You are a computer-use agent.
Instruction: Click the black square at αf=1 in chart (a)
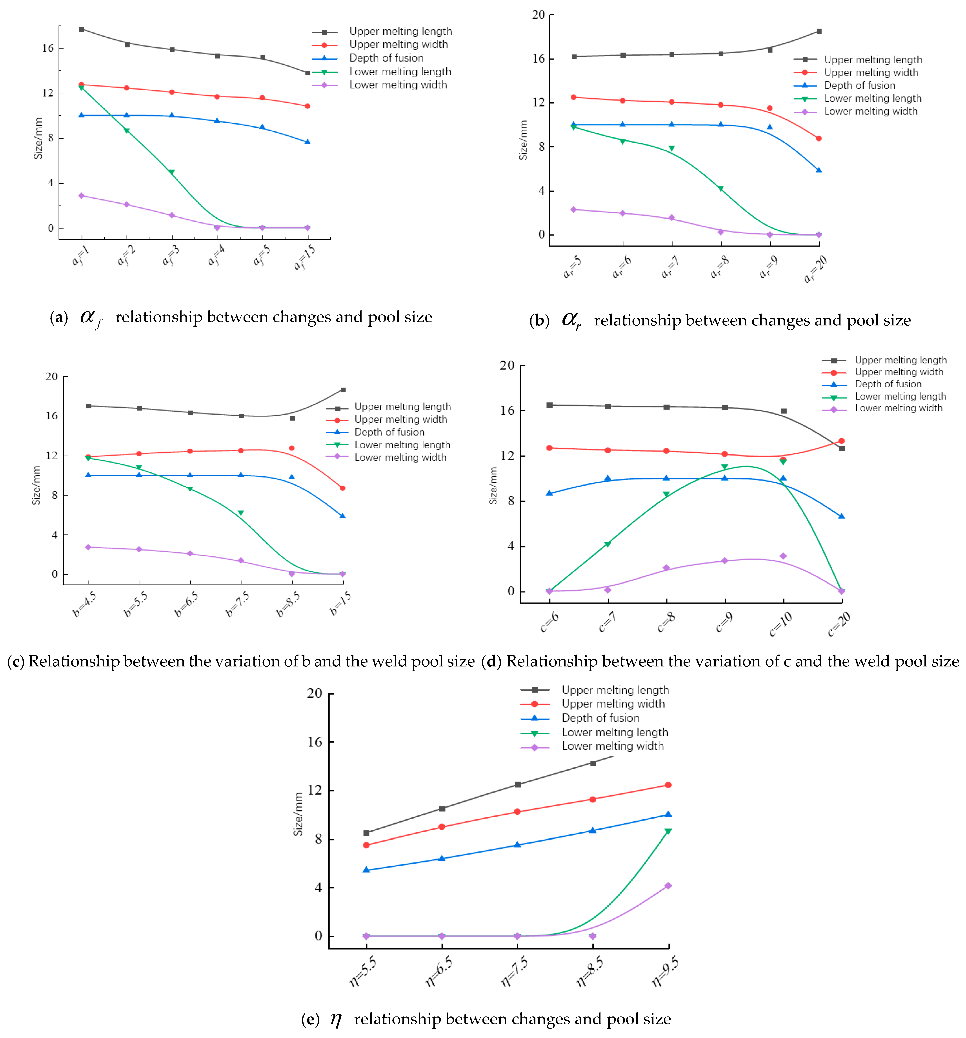[82, 29]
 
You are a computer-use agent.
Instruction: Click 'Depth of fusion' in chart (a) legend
[386, 58]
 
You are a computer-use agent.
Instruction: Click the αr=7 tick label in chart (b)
[670, 266]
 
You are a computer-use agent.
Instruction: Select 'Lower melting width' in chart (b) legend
[870, 111]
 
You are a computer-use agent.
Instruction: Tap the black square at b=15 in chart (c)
[343, 390]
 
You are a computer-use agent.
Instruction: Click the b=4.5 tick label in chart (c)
[85, 605]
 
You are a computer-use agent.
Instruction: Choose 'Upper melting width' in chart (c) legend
[400, 419]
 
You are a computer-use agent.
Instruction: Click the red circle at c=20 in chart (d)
[841, 441]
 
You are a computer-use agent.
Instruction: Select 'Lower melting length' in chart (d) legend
[900, 396]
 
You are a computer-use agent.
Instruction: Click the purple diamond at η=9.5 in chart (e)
[668, 886]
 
